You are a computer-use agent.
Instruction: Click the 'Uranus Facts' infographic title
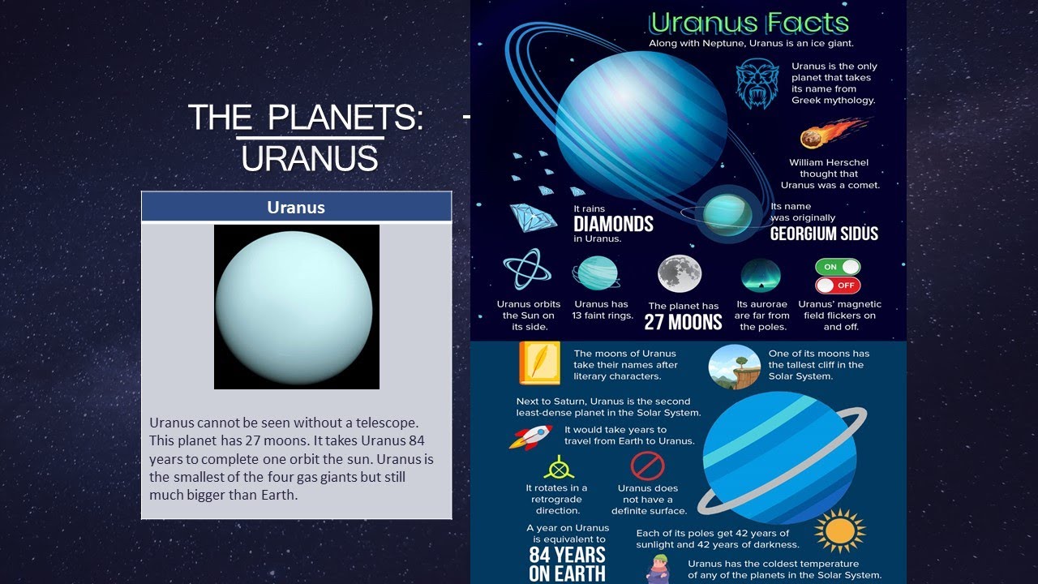(x=749, y=23)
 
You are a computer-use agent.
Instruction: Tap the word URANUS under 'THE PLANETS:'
(x=310, y=159)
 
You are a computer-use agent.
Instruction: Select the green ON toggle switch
(x=838, y=267)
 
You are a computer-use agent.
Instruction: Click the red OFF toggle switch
(x=838, y=285)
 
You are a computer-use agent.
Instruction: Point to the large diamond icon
(x=533, y=218)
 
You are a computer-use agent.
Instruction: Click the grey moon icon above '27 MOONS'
(x=680, y=273)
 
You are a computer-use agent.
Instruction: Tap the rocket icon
(x=531, y=436)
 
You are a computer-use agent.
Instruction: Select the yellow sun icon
(x=839, y=531)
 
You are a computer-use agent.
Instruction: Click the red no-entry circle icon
(x=647, y=466)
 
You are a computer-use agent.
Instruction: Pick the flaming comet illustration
(x=827, y=133)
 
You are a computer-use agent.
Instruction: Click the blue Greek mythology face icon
(x=757, y=84)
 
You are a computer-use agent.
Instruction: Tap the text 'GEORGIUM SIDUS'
(x=824, y=234)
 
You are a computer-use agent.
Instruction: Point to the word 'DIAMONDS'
(x=613, y=224)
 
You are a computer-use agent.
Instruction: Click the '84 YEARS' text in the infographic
(x=567, y=555)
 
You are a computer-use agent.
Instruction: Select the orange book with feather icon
(x=539, y=363)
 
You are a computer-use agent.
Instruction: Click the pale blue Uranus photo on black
(x=296, y=307)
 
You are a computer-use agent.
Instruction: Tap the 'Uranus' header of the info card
(x=296, y=208)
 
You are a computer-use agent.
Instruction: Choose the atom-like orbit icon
(x=527, y=270)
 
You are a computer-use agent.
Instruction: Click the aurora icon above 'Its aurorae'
(x=761, y=275)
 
